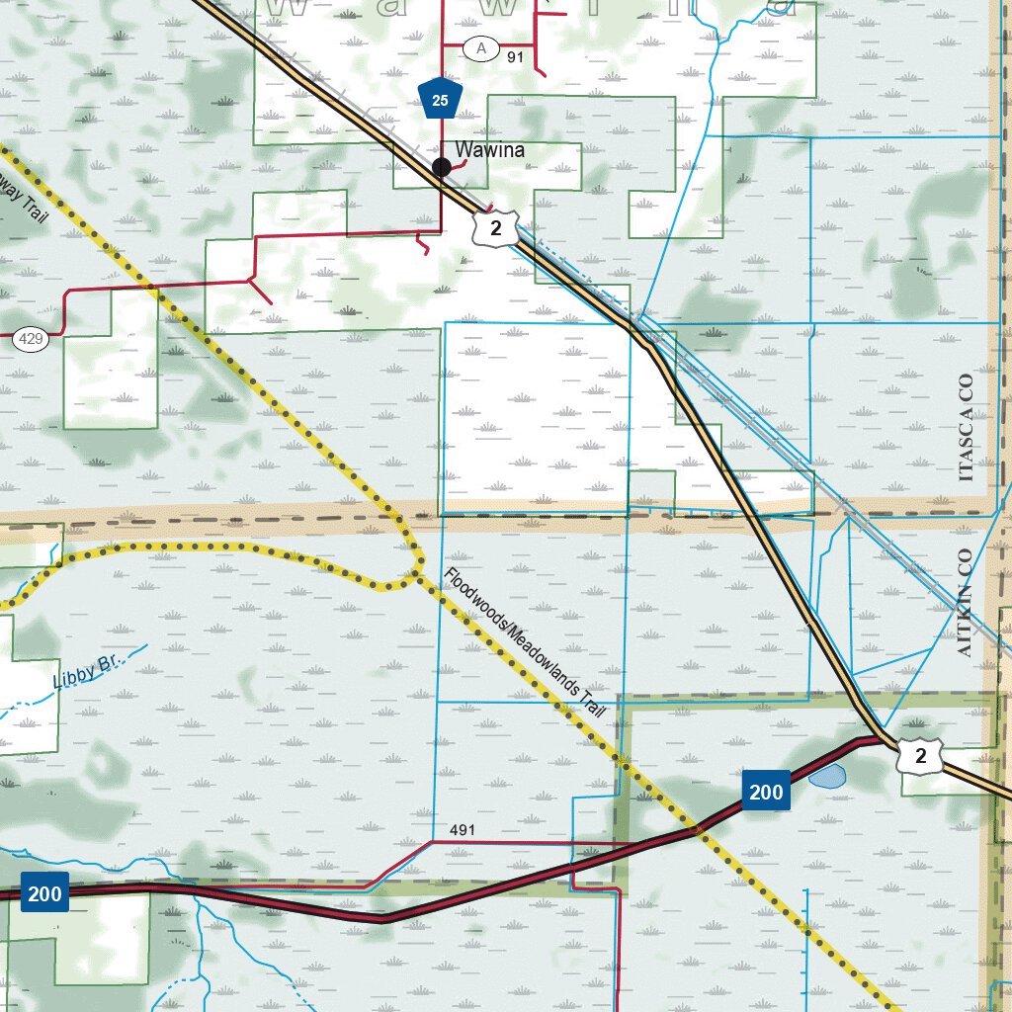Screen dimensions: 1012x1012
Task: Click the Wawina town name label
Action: pos(489,150)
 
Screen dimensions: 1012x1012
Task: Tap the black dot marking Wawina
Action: pos(442,168)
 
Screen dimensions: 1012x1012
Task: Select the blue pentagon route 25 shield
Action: pos(441,99)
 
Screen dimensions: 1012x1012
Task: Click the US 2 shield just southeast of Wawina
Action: pos(495,228)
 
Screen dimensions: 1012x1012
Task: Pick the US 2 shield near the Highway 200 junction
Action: pos(920,756)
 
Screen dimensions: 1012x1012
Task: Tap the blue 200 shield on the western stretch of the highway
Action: pos(43,894)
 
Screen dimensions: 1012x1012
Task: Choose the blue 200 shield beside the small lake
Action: pos(766,791)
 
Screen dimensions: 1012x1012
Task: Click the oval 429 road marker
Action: pos(31,340)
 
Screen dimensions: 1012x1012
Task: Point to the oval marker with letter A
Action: pos(481,48)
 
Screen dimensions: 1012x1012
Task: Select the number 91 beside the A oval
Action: pos(515,57)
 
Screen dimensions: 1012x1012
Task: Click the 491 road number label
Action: pos(462,829)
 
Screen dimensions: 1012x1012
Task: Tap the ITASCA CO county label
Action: pos(966,427)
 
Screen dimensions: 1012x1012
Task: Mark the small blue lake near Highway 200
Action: pos(826,777)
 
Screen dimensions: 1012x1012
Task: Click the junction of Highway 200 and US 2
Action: pos(879,737)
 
